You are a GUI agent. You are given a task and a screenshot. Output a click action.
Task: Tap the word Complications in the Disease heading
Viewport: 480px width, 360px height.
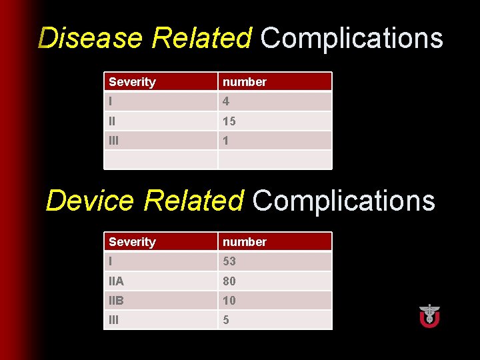tap(351, 38)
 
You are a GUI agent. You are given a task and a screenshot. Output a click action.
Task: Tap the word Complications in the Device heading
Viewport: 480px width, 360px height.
tap(343, 200)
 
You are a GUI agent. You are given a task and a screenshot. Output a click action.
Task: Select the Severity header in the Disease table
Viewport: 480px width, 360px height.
tap(132, 82)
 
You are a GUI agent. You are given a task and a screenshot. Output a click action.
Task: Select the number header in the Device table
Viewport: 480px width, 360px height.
tap(245, 242)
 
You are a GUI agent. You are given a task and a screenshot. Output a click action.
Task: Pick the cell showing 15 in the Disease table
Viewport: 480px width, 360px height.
tap(229, 121)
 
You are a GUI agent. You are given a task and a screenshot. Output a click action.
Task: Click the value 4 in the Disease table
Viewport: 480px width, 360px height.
tap(226, 101)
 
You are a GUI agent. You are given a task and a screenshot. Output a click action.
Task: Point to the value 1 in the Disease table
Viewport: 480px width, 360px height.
tap(226, 141)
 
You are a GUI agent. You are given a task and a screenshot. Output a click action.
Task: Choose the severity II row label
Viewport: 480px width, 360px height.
tap(113, 121)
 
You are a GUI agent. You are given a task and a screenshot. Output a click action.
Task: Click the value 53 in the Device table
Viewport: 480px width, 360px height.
tap(229, 261)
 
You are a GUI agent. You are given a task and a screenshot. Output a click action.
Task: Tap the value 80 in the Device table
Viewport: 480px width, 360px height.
tap(229, 281)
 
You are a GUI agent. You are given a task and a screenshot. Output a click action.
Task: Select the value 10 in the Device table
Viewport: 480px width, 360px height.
tap(229, 301)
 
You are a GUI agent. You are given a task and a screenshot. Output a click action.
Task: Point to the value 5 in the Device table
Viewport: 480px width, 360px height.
tap(226, 320)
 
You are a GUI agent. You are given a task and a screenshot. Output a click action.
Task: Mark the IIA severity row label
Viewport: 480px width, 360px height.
tap(116, 281)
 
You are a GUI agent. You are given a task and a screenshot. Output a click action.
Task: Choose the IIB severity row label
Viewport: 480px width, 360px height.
tap(116, 301)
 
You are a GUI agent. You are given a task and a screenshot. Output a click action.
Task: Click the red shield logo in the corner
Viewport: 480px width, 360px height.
tap(429, 315)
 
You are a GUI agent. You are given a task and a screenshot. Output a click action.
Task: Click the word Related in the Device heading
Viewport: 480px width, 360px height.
tap(193, 200)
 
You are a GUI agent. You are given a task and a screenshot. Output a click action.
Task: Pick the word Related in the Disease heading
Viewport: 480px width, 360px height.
tap(201, 38)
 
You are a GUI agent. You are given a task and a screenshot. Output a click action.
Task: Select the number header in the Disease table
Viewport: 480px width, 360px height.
tap(245, 82)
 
